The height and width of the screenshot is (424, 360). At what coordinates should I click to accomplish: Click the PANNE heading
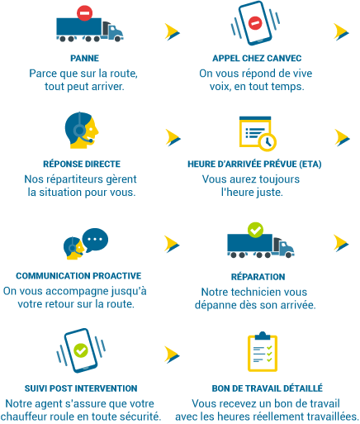(x=84, y=59)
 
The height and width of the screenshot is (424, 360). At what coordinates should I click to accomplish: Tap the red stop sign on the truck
(x=84, y=13)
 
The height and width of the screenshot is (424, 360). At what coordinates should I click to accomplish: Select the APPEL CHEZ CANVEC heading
(x=257, y=59)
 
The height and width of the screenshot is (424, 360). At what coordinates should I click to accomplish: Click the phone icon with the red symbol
(x=255, y=23)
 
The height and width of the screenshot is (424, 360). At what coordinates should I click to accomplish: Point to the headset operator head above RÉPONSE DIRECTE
(x=82, y=131)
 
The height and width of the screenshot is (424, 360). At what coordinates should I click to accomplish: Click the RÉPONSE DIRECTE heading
(x=82, y=164)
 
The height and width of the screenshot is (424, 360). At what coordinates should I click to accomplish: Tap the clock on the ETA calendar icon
(x=267, y=142)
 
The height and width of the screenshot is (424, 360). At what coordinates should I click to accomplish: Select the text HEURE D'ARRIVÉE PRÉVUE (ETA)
(x=254, y=164)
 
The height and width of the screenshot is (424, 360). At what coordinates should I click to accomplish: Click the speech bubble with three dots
(x=95, y=240)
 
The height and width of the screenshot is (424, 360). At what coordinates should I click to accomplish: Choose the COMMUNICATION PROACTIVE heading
(x=78, y=276)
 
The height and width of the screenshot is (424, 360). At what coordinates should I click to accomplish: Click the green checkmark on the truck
(x=255, y=230)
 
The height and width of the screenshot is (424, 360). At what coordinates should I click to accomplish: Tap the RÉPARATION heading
(x=258, y=277)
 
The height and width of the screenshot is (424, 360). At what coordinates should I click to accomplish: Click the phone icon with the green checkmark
(x=81, y=350)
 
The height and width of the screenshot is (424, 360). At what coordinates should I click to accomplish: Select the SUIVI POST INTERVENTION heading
(x=81, y=388)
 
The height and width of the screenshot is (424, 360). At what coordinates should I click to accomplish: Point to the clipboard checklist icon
(x=263, y=352)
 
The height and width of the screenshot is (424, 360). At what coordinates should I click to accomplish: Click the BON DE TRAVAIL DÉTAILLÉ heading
(x=267, y=388)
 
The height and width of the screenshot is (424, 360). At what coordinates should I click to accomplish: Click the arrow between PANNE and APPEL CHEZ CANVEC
(x=173, y=32)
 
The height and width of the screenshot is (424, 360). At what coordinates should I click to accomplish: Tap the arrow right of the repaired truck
(x=341, y=243)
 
